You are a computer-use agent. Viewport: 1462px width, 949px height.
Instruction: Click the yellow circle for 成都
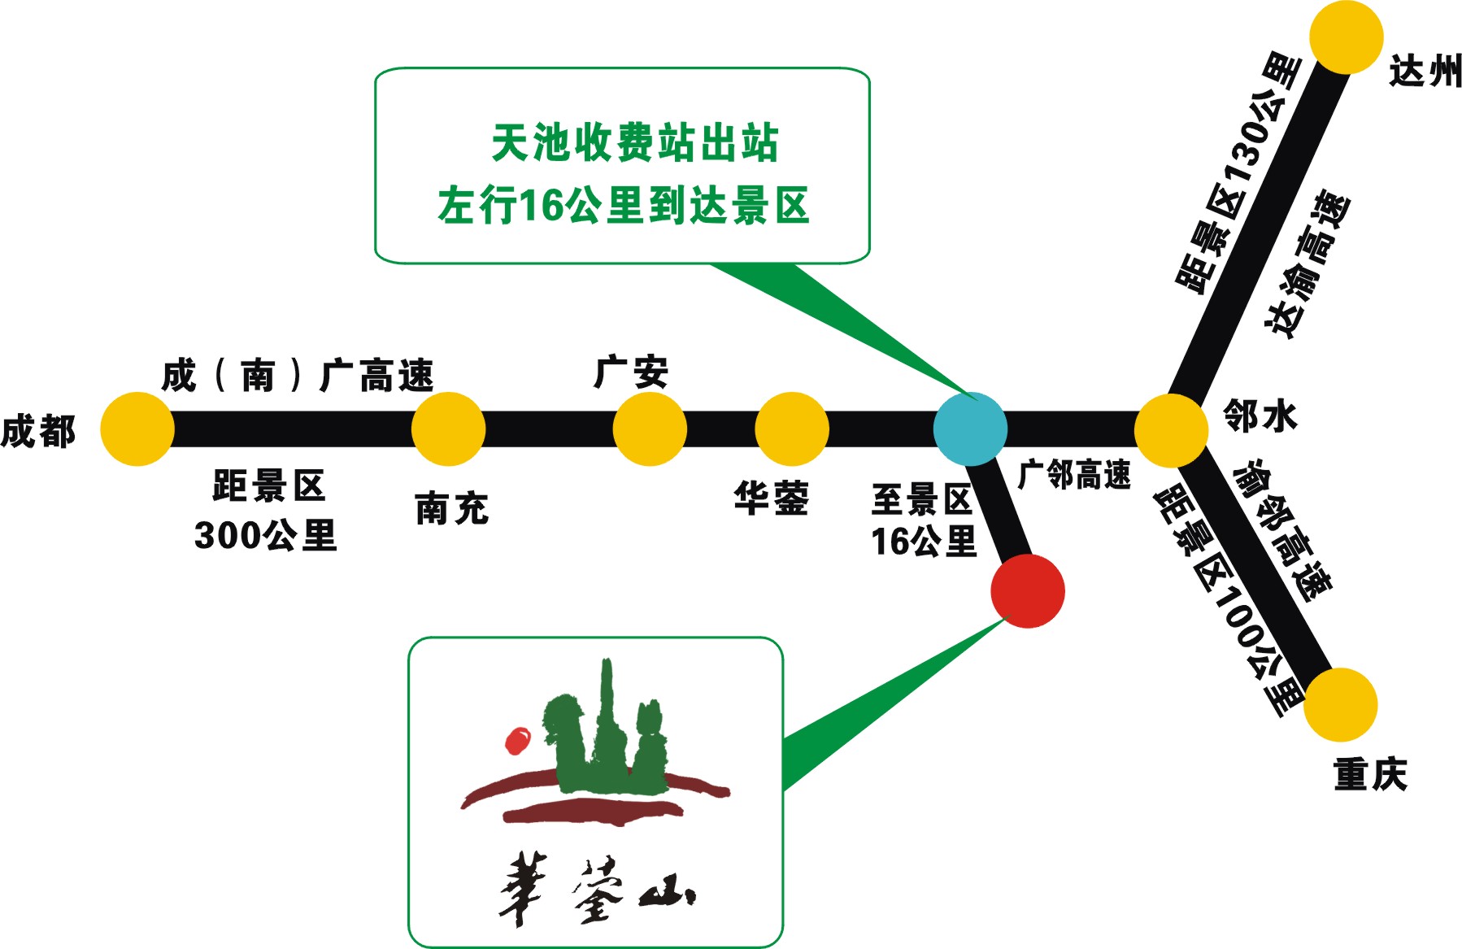pyautogui.click(x=137, y=429)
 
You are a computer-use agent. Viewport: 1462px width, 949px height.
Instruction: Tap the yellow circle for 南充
pyautogui.click(x=448, y=429)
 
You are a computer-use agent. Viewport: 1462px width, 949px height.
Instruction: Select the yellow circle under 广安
pyautogui.click(x=650, y=429)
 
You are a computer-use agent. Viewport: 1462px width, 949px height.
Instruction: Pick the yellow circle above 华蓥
pyautogui.click(x=792, y=429)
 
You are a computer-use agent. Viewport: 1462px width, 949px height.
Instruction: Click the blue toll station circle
pyautogui.click(x=970, y=429)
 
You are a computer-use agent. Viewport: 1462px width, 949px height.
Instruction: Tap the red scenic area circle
pyautogui.click(x=1028, y=591)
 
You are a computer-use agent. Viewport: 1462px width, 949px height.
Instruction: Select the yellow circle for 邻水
pyautogui.click(x=1171, y=430)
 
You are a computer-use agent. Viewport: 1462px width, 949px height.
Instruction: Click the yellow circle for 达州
pyautogui.click(x=1347, y=37)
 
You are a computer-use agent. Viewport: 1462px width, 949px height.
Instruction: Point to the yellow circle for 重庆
pyautogui.click(x=1341, y=704)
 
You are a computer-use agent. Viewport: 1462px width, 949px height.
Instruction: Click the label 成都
pyautogui.click(x=38, y=431)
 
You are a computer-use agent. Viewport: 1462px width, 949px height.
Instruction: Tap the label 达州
pyautogui.click(x=1425, y=72)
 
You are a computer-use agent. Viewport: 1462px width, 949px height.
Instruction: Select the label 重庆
pyautogui.click(x=1370, y=773)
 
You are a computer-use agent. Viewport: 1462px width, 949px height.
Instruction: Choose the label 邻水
pyautogui.click(x=1260, y=416)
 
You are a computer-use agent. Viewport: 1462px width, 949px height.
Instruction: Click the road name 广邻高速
pyautogui.click(x=1074, y=474)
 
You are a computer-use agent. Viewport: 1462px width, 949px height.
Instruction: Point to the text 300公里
pyautogui.click(x=265, y=535)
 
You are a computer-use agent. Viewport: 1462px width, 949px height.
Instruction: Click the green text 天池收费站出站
pyautogui.click(x=634, y=143)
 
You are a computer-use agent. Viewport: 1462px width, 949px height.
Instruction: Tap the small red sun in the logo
pyautogui.click(x=517, y=740)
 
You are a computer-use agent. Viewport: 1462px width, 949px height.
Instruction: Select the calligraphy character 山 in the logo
pyautogui.click(x=667, y=895)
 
